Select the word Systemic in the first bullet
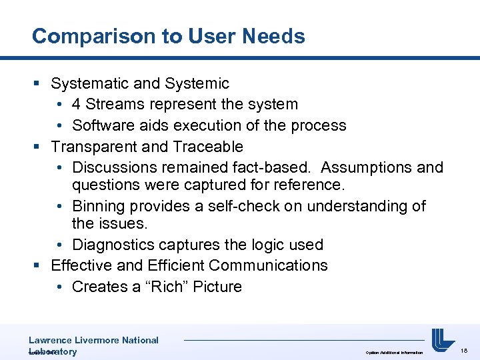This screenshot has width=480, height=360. click(197, 83)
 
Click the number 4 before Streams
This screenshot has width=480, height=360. click(77, 105)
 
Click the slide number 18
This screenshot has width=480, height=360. click(465, 349)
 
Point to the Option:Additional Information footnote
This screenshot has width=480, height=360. click(394, 352)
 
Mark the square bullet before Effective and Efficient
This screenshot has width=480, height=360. click(37, 266)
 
